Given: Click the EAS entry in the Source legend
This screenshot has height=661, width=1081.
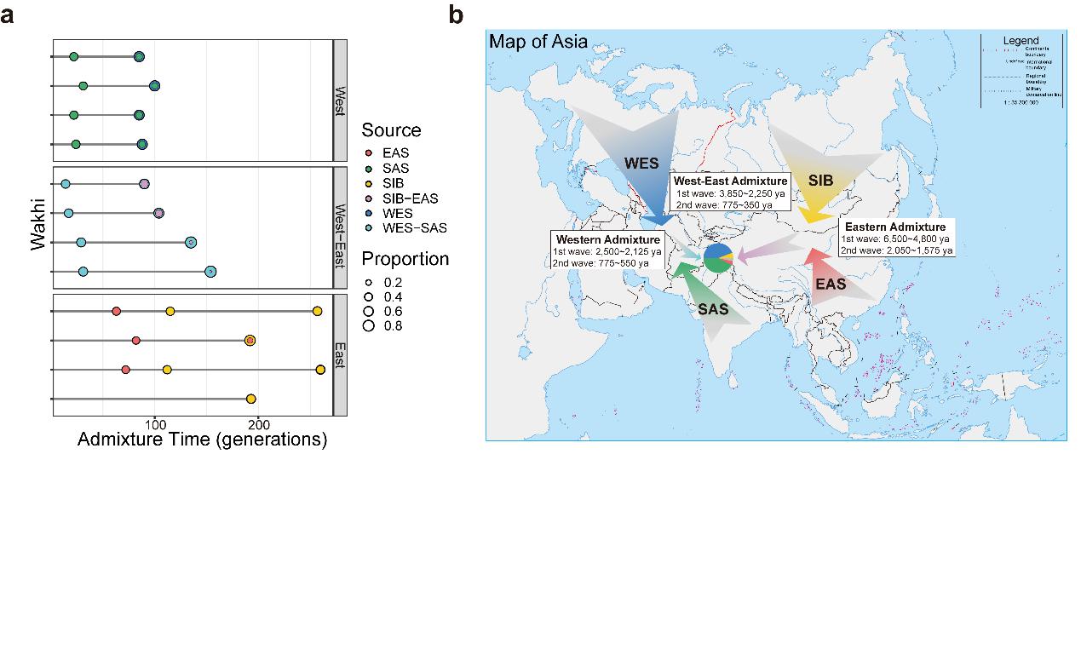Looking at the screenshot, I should click(x=395, y=153).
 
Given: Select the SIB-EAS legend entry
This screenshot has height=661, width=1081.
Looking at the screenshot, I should click(x=410, y=198).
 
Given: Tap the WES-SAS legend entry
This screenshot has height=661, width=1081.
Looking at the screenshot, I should click(x=414, y=228).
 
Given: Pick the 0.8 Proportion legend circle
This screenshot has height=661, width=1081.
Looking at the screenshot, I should click(x=369, y=325).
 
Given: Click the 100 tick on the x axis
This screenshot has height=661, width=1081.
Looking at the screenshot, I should click(x=154, y=425).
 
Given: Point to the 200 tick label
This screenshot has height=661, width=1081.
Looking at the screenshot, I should click(x=259, y=425).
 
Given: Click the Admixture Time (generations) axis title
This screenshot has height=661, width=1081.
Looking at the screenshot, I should click(x=202, y=440).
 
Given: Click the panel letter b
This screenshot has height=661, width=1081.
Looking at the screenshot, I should click(x=456, y=14).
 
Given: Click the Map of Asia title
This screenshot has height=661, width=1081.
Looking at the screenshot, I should click(x=538, y=41).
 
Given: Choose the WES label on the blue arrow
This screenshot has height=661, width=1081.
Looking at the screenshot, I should click(x=641, y=163).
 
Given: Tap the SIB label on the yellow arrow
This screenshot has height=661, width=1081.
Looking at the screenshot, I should click(x=820, y=181).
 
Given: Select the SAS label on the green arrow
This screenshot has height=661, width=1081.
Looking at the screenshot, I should click(x=713, y=309).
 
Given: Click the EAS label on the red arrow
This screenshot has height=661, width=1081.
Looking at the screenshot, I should click(x=831, y=284).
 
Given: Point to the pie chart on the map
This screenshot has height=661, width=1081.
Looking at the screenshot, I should click(x=718, y=257).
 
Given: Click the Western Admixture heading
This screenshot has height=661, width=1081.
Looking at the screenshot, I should click(x=607, y=240).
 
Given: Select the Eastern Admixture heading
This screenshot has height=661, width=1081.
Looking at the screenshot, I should click(x=894, y=227).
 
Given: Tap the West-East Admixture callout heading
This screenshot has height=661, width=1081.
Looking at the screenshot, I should click(x=730, y=181).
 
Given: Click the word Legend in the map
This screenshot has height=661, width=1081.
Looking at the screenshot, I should click(x=1021, y=40).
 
